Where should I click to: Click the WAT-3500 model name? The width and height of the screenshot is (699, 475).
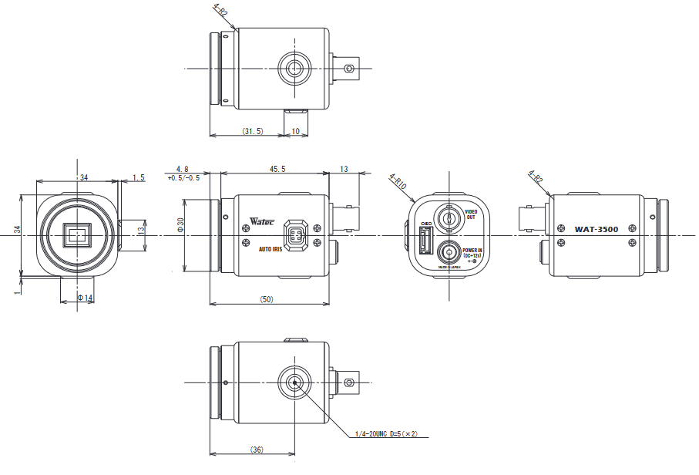597,229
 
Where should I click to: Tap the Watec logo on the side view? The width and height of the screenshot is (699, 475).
263,221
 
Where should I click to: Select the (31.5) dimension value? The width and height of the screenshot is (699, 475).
253,132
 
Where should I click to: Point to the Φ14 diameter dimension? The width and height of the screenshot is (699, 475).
85,298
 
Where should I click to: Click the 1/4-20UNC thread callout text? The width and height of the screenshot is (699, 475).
386,434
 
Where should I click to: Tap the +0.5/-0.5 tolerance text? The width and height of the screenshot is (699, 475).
183,178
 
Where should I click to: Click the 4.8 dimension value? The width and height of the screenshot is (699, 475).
183,169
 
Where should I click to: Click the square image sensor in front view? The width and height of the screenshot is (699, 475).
77,235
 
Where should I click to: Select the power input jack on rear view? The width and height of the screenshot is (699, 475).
448,252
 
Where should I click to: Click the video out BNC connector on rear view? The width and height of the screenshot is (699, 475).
448,217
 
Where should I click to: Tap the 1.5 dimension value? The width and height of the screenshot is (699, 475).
139,177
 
